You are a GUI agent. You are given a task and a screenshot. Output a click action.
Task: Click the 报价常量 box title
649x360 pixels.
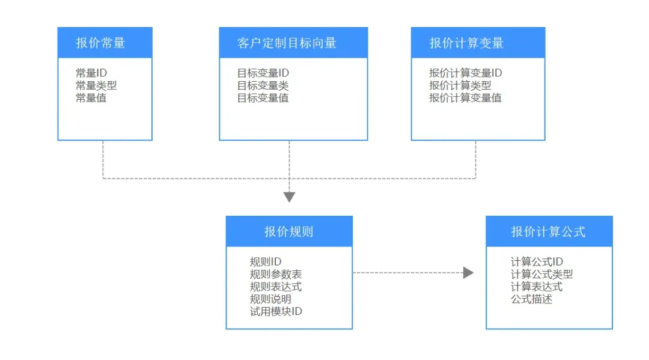[x=100, y=43]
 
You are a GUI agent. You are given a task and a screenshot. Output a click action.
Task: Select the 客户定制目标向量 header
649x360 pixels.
[x=287, y=43]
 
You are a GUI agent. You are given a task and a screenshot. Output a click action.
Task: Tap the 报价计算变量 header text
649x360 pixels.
[x=466, y=43]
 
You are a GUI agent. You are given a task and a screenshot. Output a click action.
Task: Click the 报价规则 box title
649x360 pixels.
[x=289, y=232]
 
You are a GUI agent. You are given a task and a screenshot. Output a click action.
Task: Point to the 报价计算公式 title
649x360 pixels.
[x=549, y=232]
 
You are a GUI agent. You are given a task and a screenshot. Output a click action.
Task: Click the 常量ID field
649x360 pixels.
[x=91, y=73]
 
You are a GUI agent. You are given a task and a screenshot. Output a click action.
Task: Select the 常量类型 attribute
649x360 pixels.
[x=96, y=86]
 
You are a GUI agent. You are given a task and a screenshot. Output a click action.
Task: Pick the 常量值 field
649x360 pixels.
[x=91, y=98]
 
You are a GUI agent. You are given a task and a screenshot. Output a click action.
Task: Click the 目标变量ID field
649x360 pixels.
[x=263, y=73]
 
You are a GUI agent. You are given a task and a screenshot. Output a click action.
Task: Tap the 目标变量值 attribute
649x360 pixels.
[x=263, y=98]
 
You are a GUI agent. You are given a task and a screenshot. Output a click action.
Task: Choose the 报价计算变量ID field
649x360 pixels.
[x=466, y=73]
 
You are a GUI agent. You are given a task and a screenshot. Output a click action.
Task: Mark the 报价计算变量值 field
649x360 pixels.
[x=465, y=98]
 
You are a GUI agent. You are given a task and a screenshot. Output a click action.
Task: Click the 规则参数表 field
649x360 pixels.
[x=276, y=274]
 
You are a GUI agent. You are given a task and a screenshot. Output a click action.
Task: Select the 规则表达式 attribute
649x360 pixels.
[x=276, y=287]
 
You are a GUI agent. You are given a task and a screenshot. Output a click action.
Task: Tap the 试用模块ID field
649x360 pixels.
[x=276, y=311]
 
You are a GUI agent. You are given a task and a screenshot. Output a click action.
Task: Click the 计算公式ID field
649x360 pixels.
[x=537, y=262]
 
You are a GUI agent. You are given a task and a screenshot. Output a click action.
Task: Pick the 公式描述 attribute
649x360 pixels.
[x=531, y=299]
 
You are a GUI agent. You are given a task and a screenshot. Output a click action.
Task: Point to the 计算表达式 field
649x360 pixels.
[x=537, y=287]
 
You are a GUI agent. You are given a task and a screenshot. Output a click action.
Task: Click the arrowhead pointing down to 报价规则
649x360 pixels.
[x=289, y=197]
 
